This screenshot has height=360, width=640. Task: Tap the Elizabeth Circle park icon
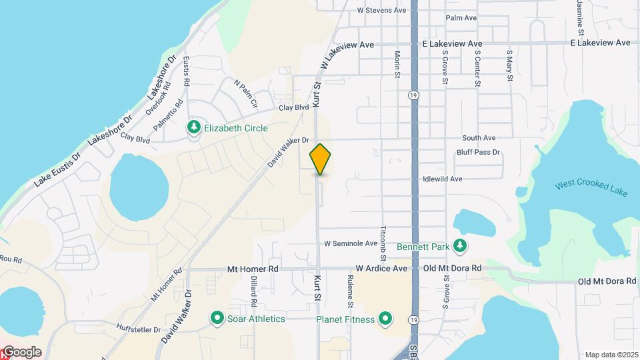point(194,127)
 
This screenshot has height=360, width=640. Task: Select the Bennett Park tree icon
point(459,247)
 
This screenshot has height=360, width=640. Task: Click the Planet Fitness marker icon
point(386,319)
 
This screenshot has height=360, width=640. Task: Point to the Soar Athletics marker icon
point(217,319)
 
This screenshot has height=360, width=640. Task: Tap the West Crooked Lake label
point(591,187)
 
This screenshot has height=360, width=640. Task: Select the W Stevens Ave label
point(381,11)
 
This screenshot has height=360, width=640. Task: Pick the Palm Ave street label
point(461,18)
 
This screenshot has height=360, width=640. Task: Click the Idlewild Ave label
point(442,179)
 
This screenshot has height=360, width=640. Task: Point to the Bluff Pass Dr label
point(478,153)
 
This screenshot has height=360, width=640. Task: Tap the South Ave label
point(479,138)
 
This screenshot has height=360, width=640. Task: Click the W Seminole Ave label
point(350,243)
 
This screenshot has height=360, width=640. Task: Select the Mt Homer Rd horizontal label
point(253,269)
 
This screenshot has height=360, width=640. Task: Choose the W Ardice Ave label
point(381,269)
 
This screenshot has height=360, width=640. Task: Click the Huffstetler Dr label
point(139,329)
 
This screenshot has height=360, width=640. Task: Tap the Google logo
point(21,352)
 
